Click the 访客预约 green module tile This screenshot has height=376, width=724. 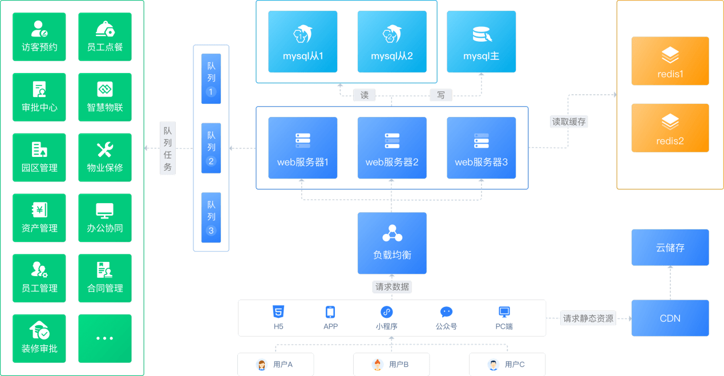[39, 37]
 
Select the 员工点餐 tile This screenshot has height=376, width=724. [105, 37]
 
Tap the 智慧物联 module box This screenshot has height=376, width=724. [105, 97]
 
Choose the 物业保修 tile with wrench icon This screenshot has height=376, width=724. [105, 157]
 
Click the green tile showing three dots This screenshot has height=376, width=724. [105, 338]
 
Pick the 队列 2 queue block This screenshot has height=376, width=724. [211, 148]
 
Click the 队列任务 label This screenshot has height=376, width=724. [168, 148]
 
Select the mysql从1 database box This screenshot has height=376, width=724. [303, 42]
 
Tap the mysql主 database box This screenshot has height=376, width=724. [482, 42]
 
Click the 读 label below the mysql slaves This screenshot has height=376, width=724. [364, 95]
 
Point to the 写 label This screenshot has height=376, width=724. [441, 95]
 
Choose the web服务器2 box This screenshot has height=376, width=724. [392, 148]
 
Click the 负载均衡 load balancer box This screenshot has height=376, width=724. [392, 243]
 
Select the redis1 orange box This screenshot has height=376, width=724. [670, 61]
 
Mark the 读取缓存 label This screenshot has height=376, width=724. [569, 122]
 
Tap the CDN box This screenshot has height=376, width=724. [670, 318]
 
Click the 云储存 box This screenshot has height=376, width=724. [670, 248]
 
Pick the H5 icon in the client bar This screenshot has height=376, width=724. [278, 312]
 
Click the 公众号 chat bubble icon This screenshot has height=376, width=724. [446, 312]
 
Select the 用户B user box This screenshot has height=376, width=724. [391, 365]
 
